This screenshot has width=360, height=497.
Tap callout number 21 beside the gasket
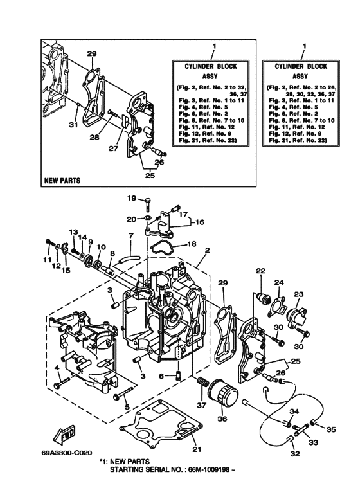click(197, 449)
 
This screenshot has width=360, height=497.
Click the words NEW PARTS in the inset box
click(62, 181)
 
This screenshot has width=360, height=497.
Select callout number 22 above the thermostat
click(260, 271)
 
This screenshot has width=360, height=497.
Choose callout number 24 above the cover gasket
click(280, 282)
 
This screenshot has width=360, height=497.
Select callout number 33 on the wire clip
click(313, 442)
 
